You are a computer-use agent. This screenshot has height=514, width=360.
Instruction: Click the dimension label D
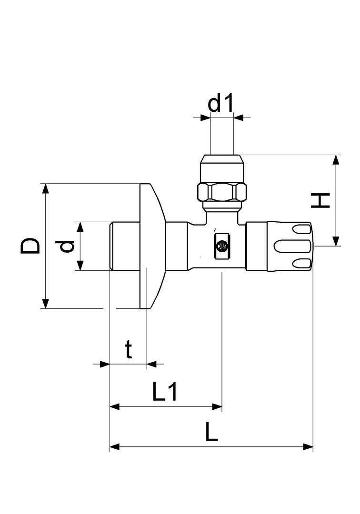tap(30, 246)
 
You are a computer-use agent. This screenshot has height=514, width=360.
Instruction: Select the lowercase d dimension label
tap(67, 246)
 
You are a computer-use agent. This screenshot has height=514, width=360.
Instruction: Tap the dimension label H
tap(320, 200)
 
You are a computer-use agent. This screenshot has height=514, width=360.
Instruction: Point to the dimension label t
tap(129, 349)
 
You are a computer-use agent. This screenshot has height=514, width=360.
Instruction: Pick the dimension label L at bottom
tap(211, 432)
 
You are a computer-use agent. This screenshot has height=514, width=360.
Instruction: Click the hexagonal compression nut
tap(222, 192)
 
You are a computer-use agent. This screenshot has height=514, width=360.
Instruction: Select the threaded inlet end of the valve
tap(125, 246)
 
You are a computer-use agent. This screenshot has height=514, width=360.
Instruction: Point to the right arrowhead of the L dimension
tap(308, 446)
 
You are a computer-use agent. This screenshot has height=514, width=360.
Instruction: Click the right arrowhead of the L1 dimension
tap(217, 407)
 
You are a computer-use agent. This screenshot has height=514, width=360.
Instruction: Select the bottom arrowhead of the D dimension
tap(46, 303)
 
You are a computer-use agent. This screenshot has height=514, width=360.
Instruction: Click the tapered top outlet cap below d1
tap(222, 169)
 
